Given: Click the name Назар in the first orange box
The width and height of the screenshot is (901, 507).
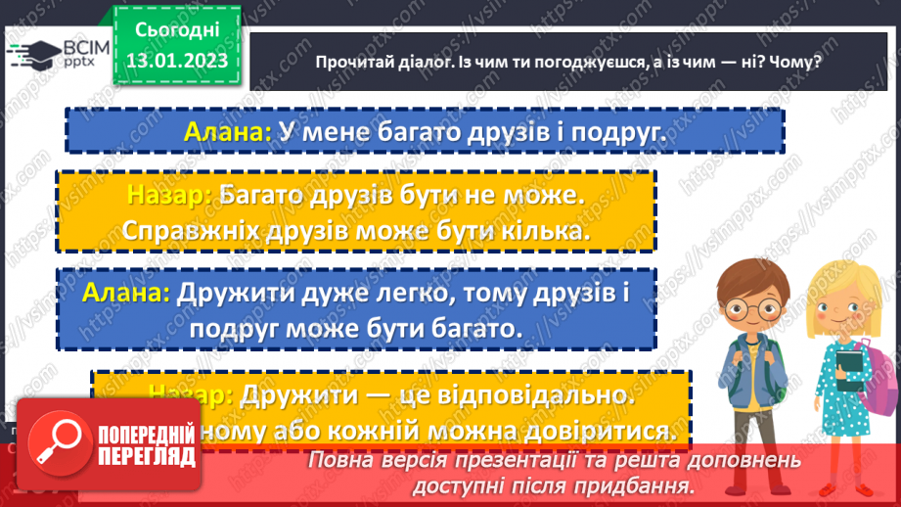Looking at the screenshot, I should coord(168,195).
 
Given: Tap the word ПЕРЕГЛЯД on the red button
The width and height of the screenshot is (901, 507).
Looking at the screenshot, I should coord(147,456).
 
